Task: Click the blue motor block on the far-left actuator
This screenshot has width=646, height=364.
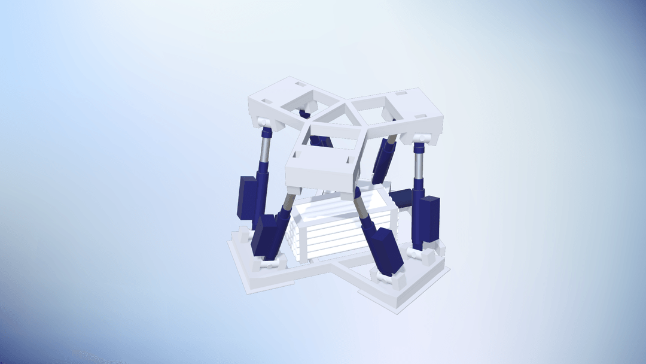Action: (246, 196)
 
